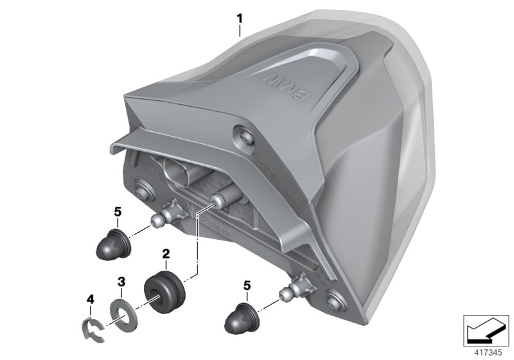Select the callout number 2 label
click(x=165, y=255)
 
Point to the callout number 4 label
click(x=91, y=298)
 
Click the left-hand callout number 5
click(x=116, y=211)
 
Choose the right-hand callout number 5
click(x=245, y=284)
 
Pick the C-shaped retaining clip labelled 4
click(x=95, y=324)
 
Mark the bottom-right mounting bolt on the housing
click(x=335, y=298)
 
